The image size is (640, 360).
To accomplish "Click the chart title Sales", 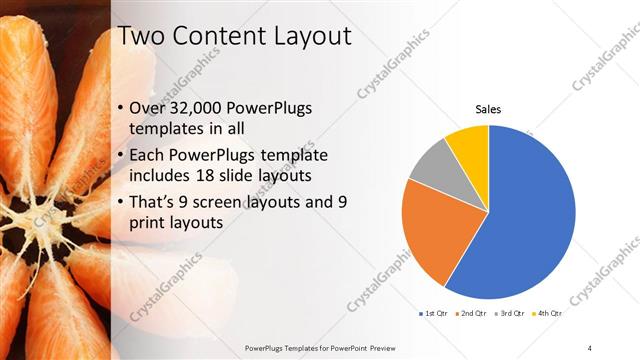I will click(487, 109).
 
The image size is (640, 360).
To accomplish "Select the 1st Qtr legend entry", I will click(433, 314).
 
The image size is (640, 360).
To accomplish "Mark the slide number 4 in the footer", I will click(590, 346).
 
